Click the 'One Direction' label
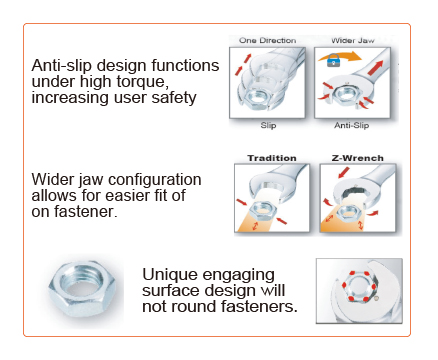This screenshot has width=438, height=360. point(267,41)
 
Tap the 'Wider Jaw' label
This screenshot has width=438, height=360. point(353,41)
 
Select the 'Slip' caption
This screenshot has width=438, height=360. point(268,125)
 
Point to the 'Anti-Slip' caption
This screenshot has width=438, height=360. point(352,125)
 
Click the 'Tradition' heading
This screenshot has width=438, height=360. point(272,158)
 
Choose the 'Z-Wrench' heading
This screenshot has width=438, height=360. point(357,158)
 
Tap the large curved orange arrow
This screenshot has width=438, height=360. point(339,56)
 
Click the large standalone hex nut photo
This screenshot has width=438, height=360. point(82,289)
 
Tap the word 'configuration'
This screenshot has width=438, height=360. point(154,180)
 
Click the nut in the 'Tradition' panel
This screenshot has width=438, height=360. point(263,211)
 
